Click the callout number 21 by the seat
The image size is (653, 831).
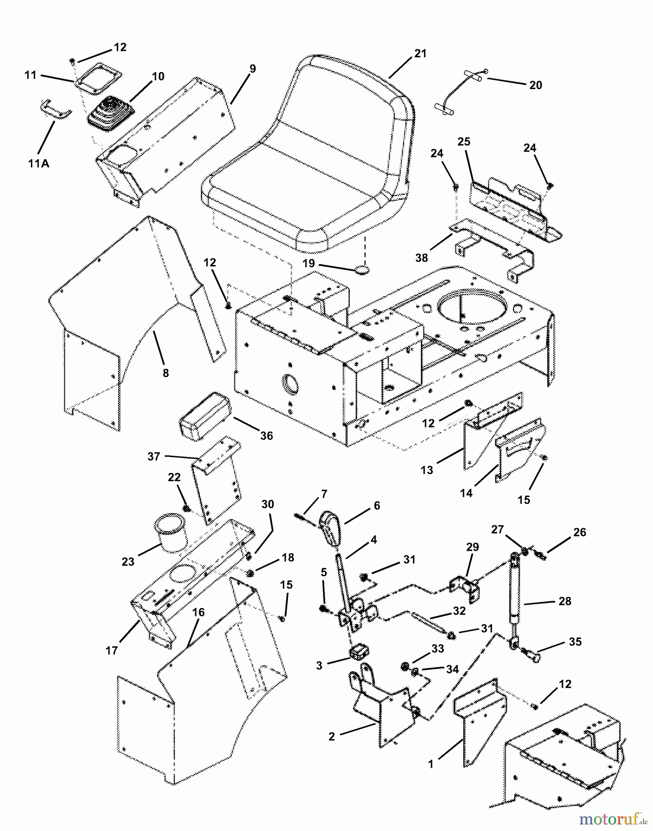click(x=420, y=54)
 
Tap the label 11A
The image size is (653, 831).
click(x=38, y=163)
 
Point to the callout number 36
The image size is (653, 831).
click(x=267, y=435)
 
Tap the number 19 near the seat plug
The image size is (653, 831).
click(x=308, y=263)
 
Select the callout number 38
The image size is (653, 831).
click(x=422, y=258)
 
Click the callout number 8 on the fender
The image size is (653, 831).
click(x=166, y=373)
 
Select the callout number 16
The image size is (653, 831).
click(x=198, y=613)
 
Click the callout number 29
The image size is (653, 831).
click(x=472, y=547)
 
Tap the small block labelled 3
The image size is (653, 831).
click(x=359, y=652)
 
